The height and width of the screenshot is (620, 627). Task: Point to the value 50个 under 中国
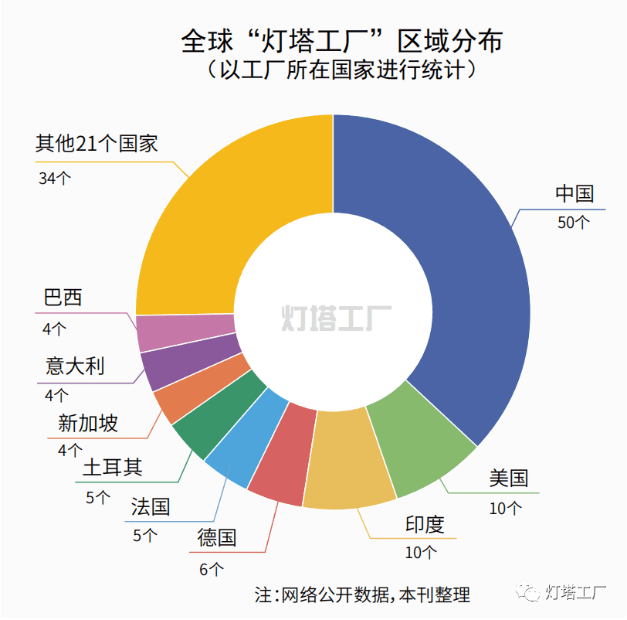point(573,223)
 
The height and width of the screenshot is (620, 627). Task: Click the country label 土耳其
point(113,468)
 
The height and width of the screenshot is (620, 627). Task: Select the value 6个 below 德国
point(211,570)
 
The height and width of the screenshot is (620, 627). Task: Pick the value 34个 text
point(54,179)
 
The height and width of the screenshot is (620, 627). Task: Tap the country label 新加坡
point(88,424)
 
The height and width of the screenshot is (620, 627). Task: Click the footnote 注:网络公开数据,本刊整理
point(362,594)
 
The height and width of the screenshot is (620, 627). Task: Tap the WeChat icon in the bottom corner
point(530,593)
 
